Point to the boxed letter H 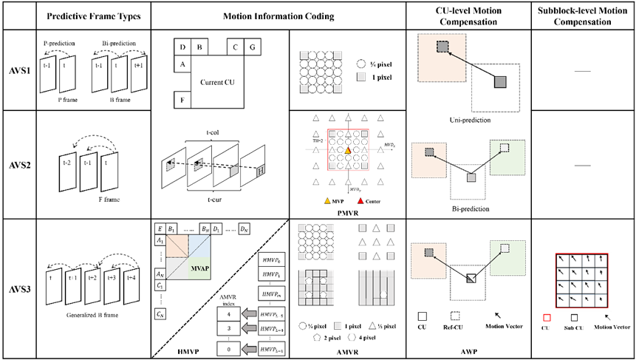tap(260, 171)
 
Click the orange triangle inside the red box tap(347, 151)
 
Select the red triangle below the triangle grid tap(360, 200)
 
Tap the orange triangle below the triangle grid tap(327, 200)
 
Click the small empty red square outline tap(547, 318)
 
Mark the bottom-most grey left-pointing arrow tap(249, 349)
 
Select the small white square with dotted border tap(455, 316)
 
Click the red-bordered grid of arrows tap(583, 281)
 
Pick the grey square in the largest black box tap(500, 82)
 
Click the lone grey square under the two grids tap(338, 325)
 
